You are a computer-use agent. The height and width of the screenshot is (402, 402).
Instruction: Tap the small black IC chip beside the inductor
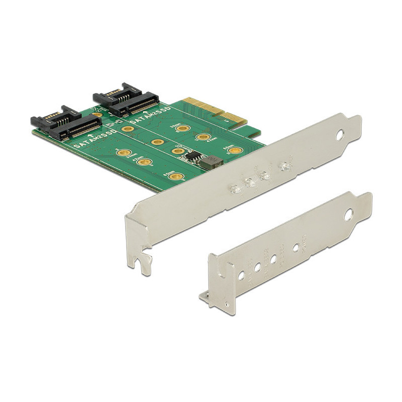191,156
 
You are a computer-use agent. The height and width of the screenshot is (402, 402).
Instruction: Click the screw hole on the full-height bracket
340,135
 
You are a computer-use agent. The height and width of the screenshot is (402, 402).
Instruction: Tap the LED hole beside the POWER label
296,247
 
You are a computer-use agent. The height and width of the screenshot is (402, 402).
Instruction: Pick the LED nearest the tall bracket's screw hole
285,165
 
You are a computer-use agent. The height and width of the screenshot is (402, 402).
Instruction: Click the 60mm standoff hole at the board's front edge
176,176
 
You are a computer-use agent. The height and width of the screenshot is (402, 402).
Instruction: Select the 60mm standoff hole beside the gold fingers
232,150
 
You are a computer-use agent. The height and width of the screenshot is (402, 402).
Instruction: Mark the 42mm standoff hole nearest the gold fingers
203,137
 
